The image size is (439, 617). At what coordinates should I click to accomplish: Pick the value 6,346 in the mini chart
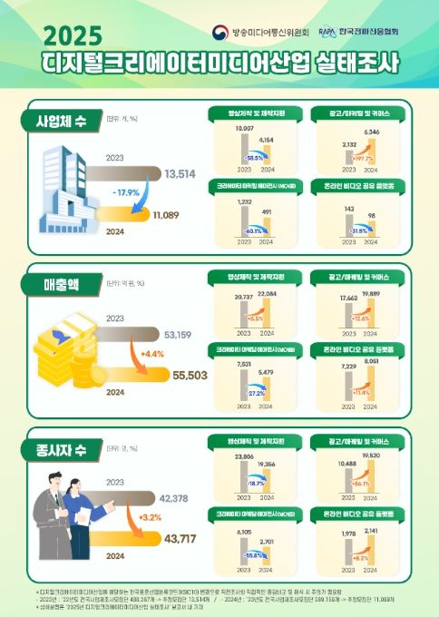pos(370,132)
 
